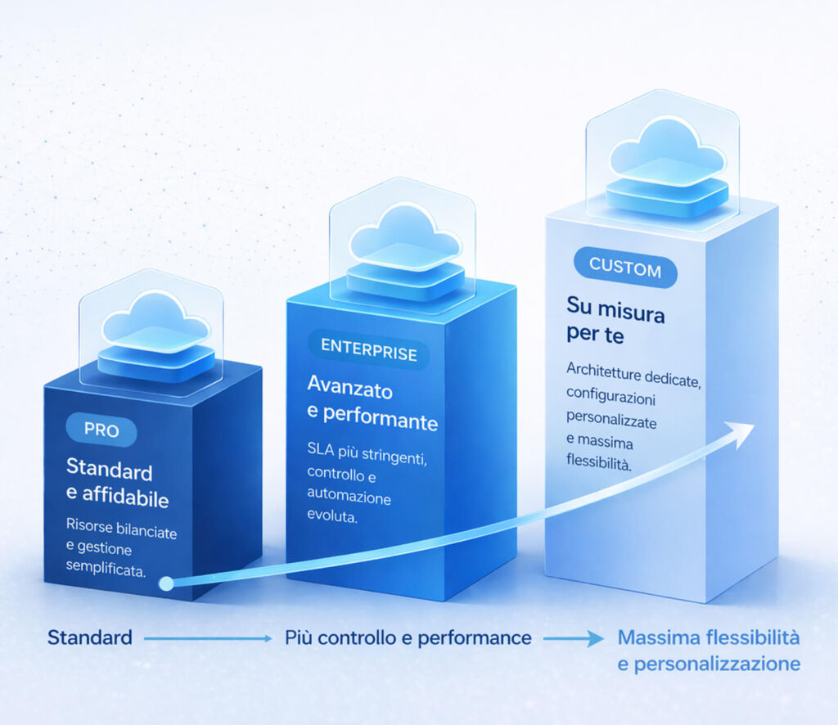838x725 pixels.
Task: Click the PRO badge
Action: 101,430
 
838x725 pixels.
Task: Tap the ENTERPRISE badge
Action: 369,350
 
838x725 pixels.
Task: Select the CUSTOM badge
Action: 625,267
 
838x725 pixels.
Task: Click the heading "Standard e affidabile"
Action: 117,483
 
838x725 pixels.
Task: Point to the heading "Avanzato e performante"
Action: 372,403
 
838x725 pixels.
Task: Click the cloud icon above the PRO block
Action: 155,335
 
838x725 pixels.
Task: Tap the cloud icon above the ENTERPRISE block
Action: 406,250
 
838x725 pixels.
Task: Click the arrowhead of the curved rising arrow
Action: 741,434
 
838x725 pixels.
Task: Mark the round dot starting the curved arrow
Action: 166,583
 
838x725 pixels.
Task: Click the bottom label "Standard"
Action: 90,637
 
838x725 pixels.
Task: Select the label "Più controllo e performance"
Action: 408,638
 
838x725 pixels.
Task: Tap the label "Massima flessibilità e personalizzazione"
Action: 709,651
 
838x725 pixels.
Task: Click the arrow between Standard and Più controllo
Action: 208,638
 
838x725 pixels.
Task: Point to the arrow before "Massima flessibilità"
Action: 574,638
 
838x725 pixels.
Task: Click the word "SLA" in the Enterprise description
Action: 321,448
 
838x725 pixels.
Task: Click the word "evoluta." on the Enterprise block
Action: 332,516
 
